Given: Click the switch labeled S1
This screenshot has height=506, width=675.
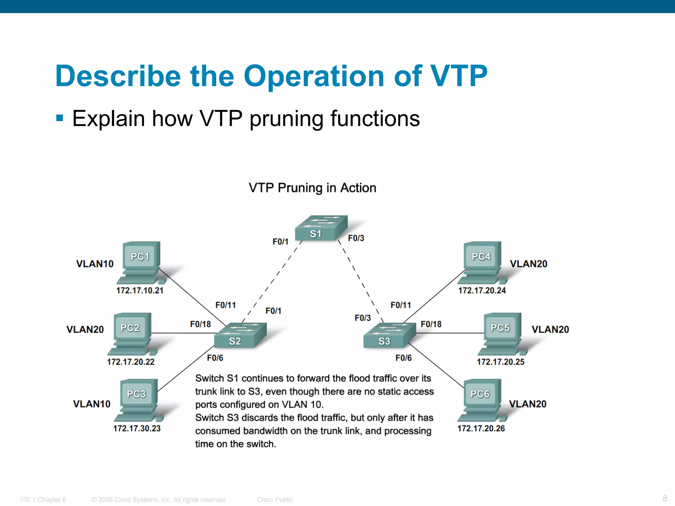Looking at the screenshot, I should click(x=321, y=228).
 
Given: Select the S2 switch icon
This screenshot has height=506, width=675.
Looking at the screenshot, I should click(x=240, y=335).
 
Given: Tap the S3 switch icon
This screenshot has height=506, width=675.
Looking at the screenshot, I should click(x=389, y=335).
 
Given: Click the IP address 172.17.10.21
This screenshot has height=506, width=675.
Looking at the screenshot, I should click(x=140, y=291).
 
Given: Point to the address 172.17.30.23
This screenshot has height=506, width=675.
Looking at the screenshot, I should click(x=137, y=428).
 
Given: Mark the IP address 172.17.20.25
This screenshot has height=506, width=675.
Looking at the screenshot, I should click(x=500, y=362).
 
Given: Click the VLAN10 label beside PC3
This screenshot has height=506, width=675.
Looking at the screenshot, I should click(x=92, y=404).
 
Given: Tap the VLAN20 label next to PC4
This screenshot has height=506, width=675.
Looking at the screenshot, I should click(x=528, y=264).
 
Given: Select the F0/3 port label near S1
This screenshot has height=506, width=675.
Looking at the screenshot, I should click(x=356, y=238).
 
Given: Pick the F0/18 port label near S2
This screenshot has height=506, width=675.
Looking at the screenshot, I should click(x=200, y=324).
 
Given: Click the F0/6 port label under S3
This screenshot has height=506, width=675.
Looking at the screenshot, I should click(x=403, y=358).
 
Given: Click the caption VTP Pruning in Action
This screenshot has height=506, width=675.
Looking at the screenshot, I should click(x=312, y=188).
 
